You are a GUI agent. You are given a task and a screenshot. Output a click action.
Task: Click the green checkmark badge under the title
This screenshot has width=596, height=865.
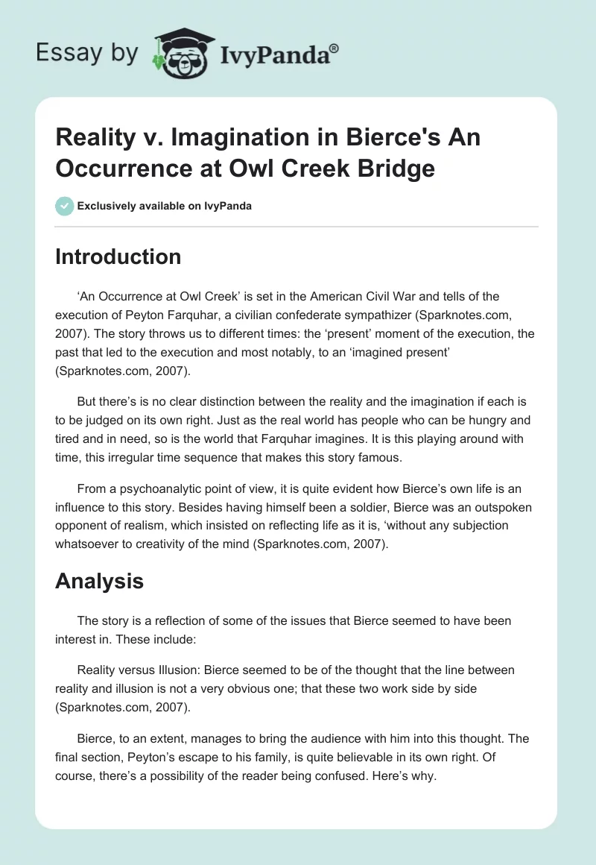[64, 206]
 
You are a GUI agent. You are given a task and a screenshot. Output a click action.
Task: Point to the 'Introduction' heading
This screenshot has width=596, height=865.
[118, 257]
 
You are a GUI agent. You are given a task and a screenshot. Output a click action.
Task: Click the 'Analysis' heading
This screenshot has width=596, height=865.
[99, 581]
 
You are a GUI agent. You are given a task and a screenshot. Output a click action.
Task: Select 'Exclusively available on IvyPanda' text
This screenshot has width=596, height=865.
[164, 206]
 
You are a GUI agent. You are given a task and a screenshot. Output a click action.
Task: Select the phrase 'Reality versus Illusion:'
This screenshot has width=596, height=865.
[142, 670]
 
